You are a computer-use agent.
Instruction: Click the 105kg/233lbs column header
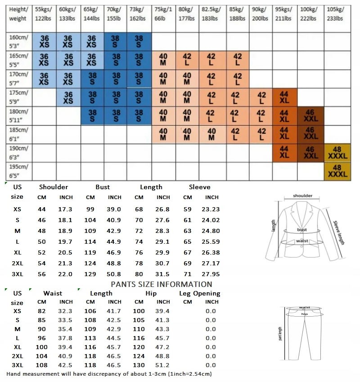point(335,14)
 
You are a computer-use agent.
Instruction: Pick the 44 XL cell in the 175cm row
point(284,97)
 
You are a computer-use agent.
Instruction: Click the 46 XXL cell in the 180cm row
point(310,116)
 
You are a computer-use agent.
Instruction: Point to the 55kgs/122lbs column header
point(43,14)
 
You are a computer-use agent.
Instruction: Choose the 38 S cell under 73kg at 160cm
point(139,42)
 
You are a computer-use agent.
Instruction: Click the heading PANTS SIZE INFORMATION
point(161,284)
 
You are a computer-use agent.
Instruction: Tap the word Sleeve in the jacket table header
point(199,187)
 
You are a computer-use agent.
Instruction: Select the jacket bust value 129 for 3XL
point(90,274)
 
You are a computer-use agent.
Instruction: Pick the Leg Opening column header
point(200,293)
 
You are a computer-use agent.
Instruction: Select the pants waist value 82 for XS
point(42,311)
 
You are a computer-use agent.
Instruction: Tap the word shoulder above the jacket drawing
point(302,196)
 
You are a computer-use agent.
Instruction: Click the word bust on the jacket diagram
point(301,230)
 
